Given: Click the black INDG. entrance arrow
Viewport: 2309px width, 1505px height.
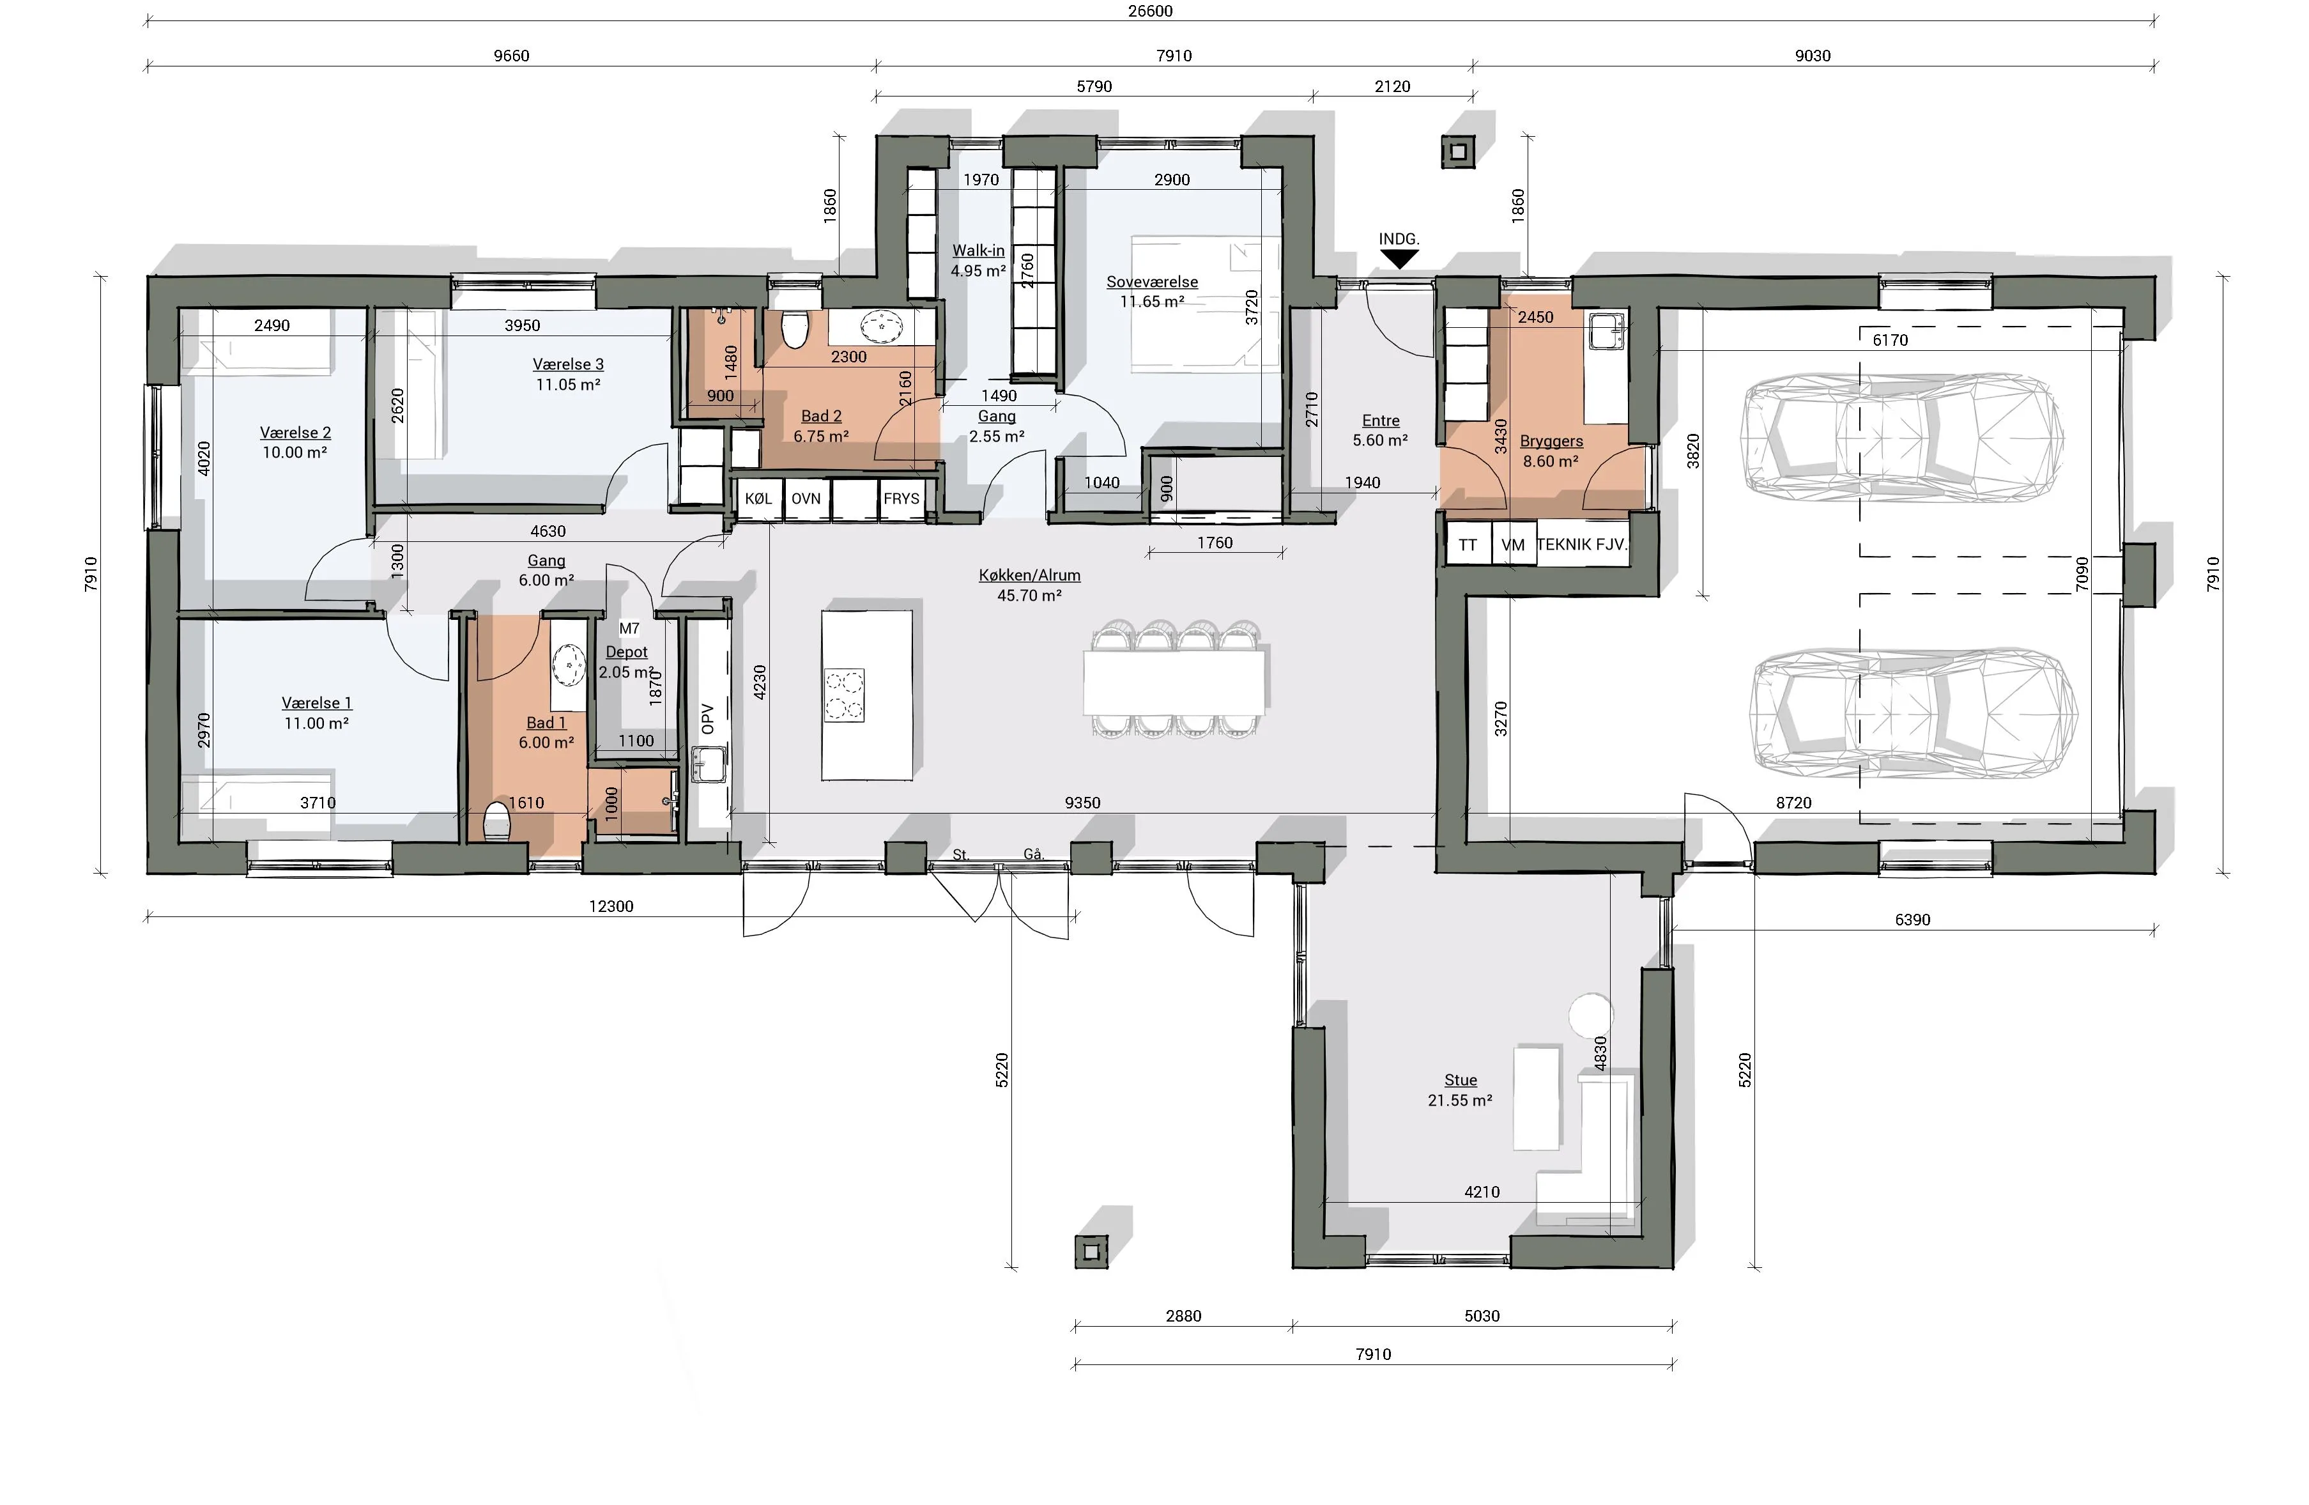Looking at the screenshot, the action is click(1399, 259).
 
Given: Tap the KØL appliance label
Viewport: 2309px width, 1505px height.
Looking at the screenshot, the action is click(758, 498).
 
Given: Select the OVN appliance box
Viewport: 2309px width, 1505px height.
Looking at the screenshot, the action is click(806, 500).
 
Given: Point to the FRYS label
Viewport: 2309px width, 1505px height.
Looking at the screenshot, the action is click(901, 498).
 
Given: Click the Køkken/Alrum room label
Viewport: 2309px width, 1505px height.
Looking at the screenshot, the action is click(1029, 575).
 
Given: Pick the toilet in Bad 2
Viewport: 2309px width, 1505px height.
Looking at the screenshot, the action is click(795, 329).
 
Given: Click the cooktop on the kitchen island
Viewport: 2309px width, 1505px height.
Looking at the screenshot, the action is click(844, 695).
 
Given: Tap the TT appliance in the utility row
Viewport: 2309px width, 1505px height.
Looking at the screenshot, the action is click(1468, 545).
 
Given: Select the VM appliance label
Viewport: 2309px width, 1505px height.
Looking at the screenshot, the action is click(1512, 545).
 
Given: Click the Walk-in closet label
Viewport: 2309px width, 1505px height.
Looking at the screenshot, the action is click(978, 251).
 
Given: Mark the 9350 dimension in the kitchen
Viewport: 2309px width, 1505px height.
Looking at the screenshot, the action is click(1083, 803).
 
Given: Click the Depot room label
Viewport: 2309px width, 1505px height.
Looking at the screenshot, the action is click(627, 652).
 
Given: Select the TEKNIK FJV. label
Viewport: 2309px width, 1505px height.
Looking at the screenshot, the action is click(1581, 545).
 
